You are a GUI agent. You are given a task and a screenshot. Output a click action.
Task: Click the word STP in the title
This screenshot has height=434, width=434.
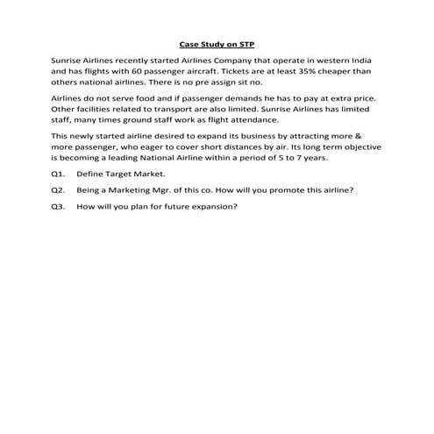click(245, 43)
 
